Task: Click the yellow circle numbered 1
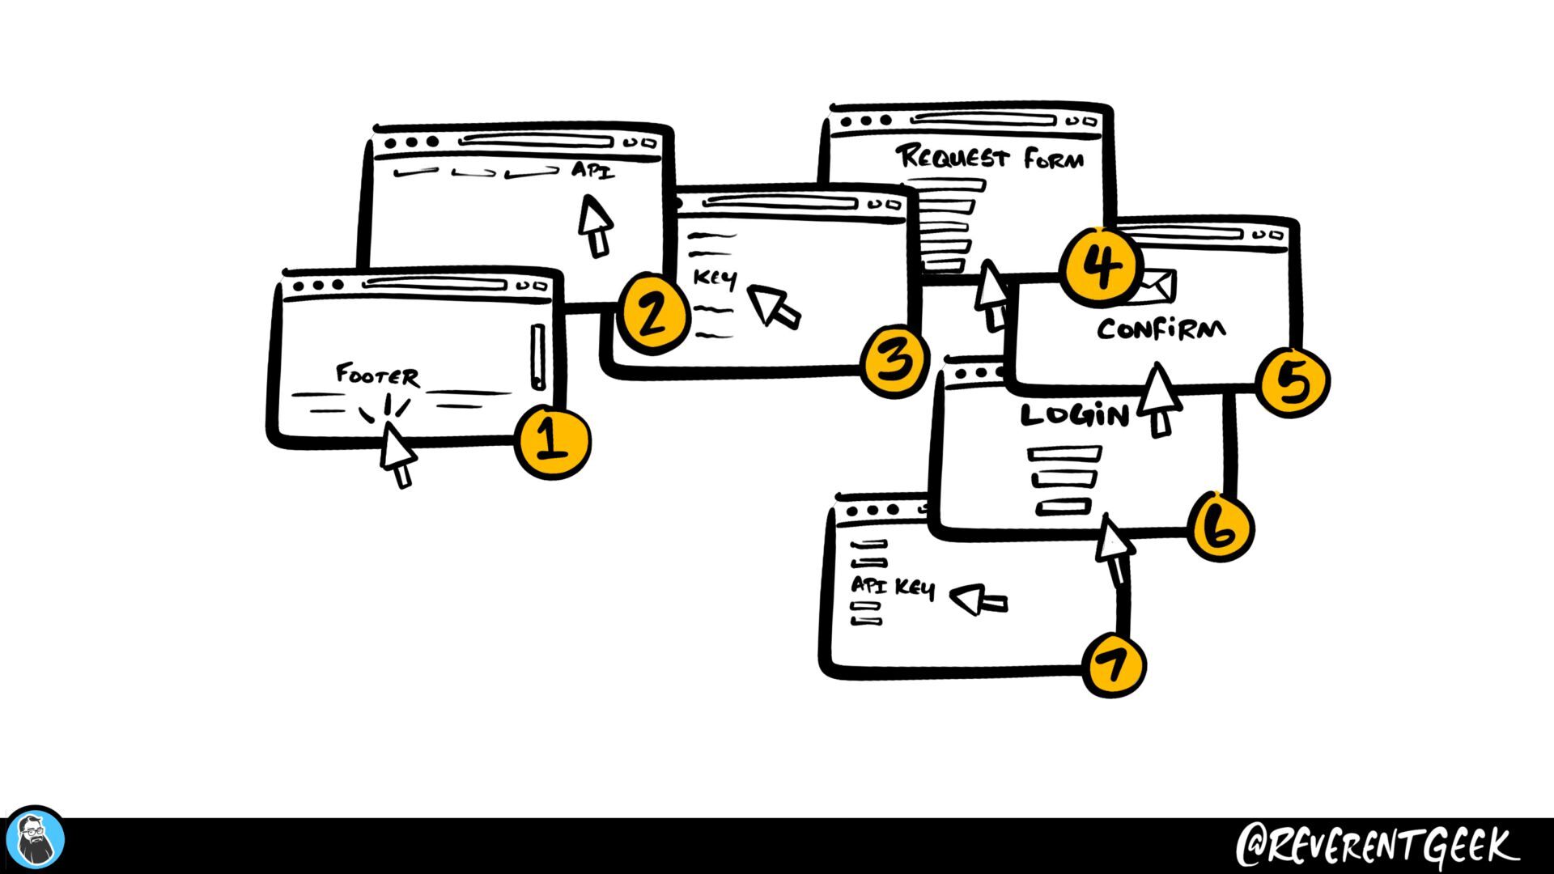pos(553,442)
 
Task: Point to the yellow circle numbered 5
pos(1293,382)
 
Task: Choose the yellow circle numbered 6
pos(1220,527)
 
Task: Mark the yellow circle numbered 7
pos(1115,665)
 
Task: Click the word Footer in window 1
pos(377,375)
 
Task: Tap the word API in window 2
pos(592,171)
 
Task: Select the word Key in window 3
pos(715,279)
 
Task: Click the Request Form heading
pos(989,157)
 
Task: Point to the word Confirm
pos(1161,329)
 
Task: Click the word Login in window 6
pos(1074,415)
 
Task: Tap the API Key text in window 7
pos(893,587)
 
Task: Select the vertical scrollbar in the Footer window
pos(538,356)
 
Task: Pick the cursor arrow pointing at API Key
pos(978,601)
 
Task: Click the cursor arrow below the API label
pos(596,226)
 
